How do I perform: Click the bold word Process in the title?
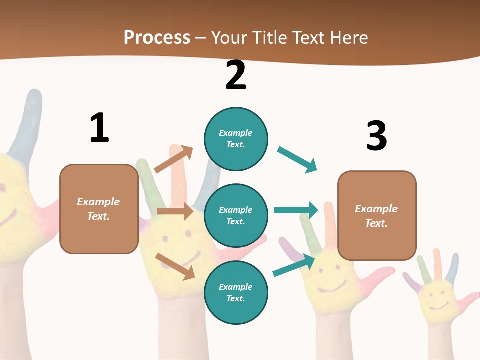pos(157,37)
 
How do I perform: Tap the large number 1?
pos(99,128)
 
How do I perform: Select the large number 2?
pos(236,75)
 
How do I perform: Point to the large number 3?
pos(376,136)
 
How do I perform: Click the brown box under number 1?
pos(99,209)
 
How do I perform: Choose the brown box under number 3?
pos(377,215)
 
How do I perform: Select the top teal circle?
pos(236,138)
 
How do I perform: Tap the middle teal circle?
pos(236,215)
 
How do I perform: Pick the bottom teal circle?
pos(236,292)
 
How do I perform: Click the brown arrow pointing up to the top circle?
pos(173,159)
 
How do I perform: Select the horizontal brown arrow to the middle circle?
pos(175,211)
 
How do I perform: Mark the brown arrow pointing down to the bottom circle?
pos(175,266)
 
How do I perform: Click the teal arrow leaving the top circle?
pos(297,160)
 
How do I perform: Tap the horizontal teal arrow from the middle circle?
pos(296,210)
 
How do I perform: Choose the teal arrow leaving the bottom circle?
pos(294,265)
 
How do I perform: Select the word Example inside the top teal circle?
pos(236,133)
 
